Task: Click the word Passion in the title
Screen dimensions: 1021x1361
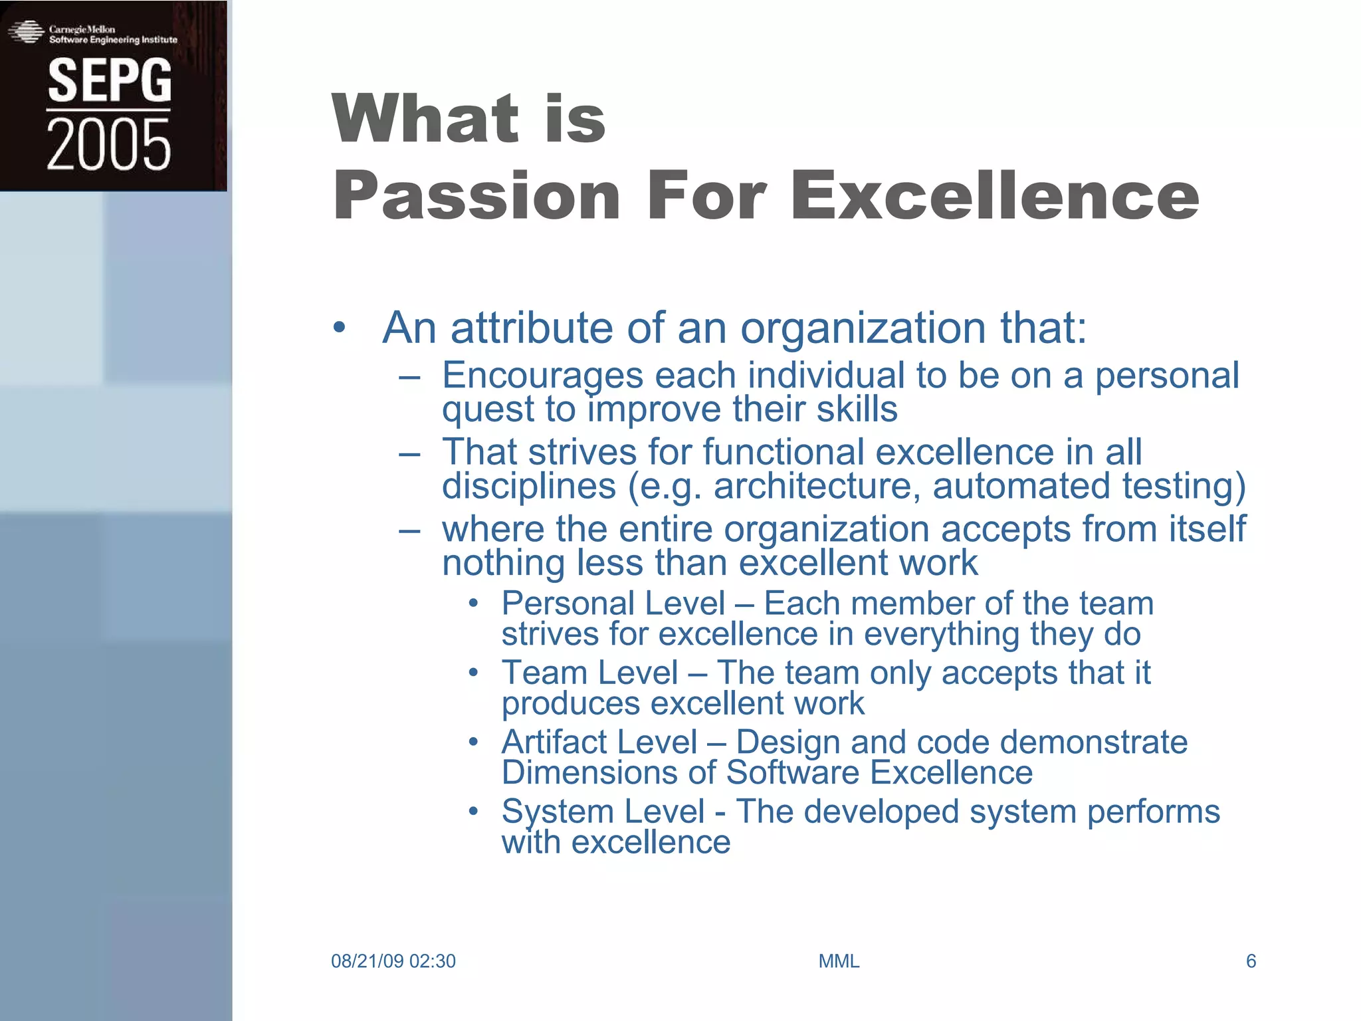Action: (x=476, y=195)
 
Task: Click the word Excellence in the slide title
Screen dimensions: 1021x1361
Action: (x=995, y=195)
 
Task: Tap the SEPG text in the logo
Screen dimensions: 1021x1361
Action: (x=110, y=80)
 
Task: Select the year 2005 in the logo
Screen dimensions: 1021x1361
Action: (x=108, y=144)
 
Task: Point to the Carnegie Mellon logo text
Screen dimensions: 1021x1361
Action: (x=82, y=29)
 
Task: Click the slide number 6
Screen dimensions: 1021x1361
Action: (x=1251, y=961)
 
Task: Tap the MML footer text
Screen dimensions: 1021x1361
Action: (x=839, y=961)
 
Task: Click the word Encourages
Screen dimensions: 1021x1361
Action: (x=542, y=376)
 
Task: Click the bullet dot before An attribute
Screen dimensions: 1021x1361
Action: (x=340, y=328)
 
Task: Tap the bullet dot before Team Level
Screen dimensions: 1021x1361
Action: (x=473, y=673)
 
